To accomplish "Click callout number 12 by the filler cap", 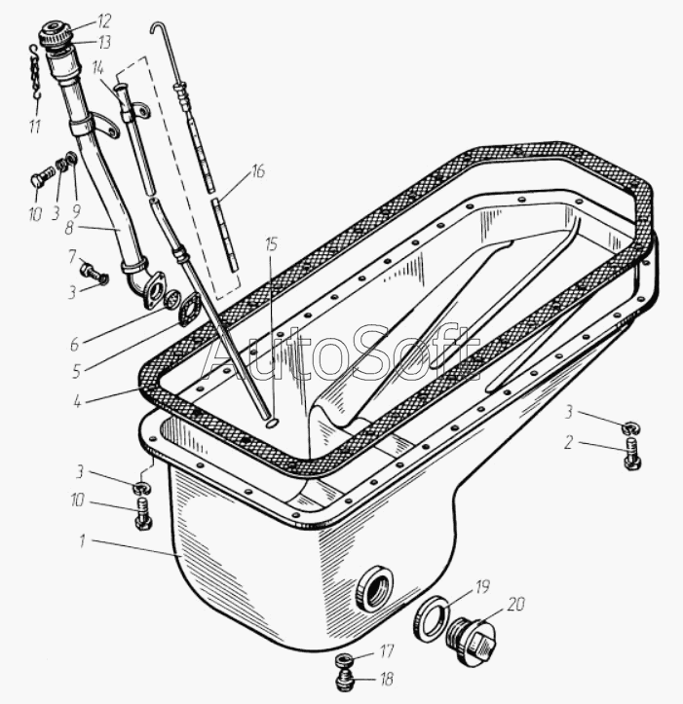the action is pos(103,20).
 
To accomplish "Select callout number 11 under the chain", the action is pos(35,127).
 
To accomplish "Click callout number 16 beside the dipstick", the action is pos(257,171).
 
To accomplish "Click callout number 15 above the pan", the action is pos(271,244).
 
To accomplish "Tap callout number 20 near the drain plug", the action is pos(515,604).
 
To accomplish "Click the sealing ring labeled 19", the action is pos(432,617).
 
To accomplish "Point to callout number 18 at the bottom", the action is pos(387,679).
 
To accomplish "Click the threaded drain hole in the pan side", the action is pos(374,589).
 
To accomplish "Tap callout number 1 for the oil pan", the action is pos(82,541).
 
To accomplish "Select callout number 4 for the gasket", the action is pos(78,401).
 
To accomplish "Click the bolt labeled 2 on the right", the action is pos(632,453).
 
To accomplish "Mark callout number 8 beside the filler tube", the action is pos(69,228).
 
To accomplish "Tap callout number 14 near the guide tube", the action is pos(98,68).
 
